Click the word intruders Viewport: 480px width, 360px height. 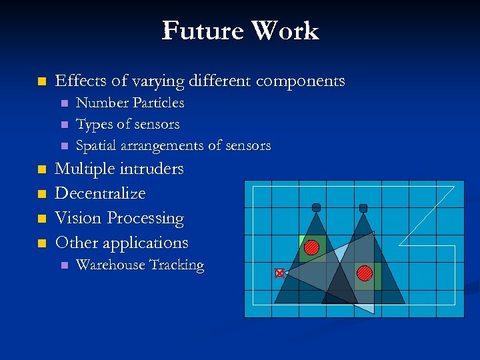tap(151, 169)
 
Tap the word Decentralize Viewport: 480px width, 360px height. tap(100, 193)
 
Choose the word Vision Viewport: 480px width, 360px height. tap(79, 218)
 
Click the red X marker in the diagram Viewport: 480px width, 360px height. tap(279, 273)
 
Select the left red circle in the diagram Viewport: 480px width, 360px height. tap(312, 247)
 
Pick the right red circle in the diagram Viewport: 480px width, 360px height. tap(364, 273)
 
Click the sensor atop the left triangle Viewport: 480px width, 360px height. tap(316, 207)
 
